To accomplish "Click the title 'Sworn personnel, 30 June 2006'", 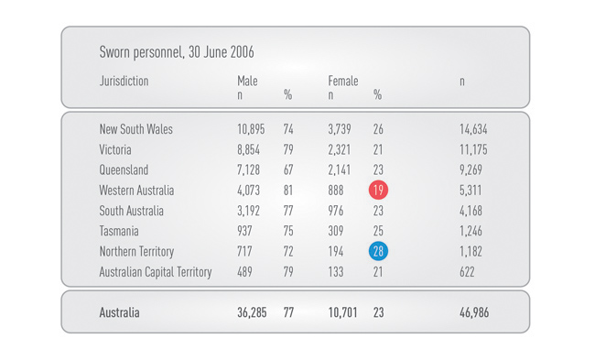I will click(x=176, y=52).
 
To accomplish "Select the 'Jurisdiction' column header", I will click(x=124, y=82).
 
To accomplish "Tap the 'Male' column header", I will click(x=247, y=82).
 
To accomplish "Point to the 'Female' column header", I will click(x=343, y=82).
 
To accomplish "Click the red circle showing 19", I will click(x=378, y=191).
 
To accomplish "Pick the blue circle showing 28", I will click(x=378, y=251).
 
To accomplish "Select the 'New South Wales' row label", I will click(x=135, y=129).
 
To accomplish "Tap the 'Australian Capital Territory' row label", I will click(x=156, y=272).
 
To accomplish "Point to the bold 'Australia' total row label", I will click(x=120, y=312).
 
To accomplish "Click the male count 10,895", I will click(x=251, y=129).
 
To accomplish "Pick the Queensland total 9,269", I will click(x=471, y=170).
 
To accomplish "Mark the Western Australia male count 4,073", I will click(x=249, y=191).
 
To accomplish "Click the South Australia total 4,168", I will click(x=471, y=211).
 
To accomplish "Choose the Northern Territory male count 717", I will click(x=246, y=251).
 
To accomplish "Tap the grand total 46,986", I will click(x=473, y=312).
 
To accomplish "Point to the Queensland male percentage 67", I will click(x=288, y=170).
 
